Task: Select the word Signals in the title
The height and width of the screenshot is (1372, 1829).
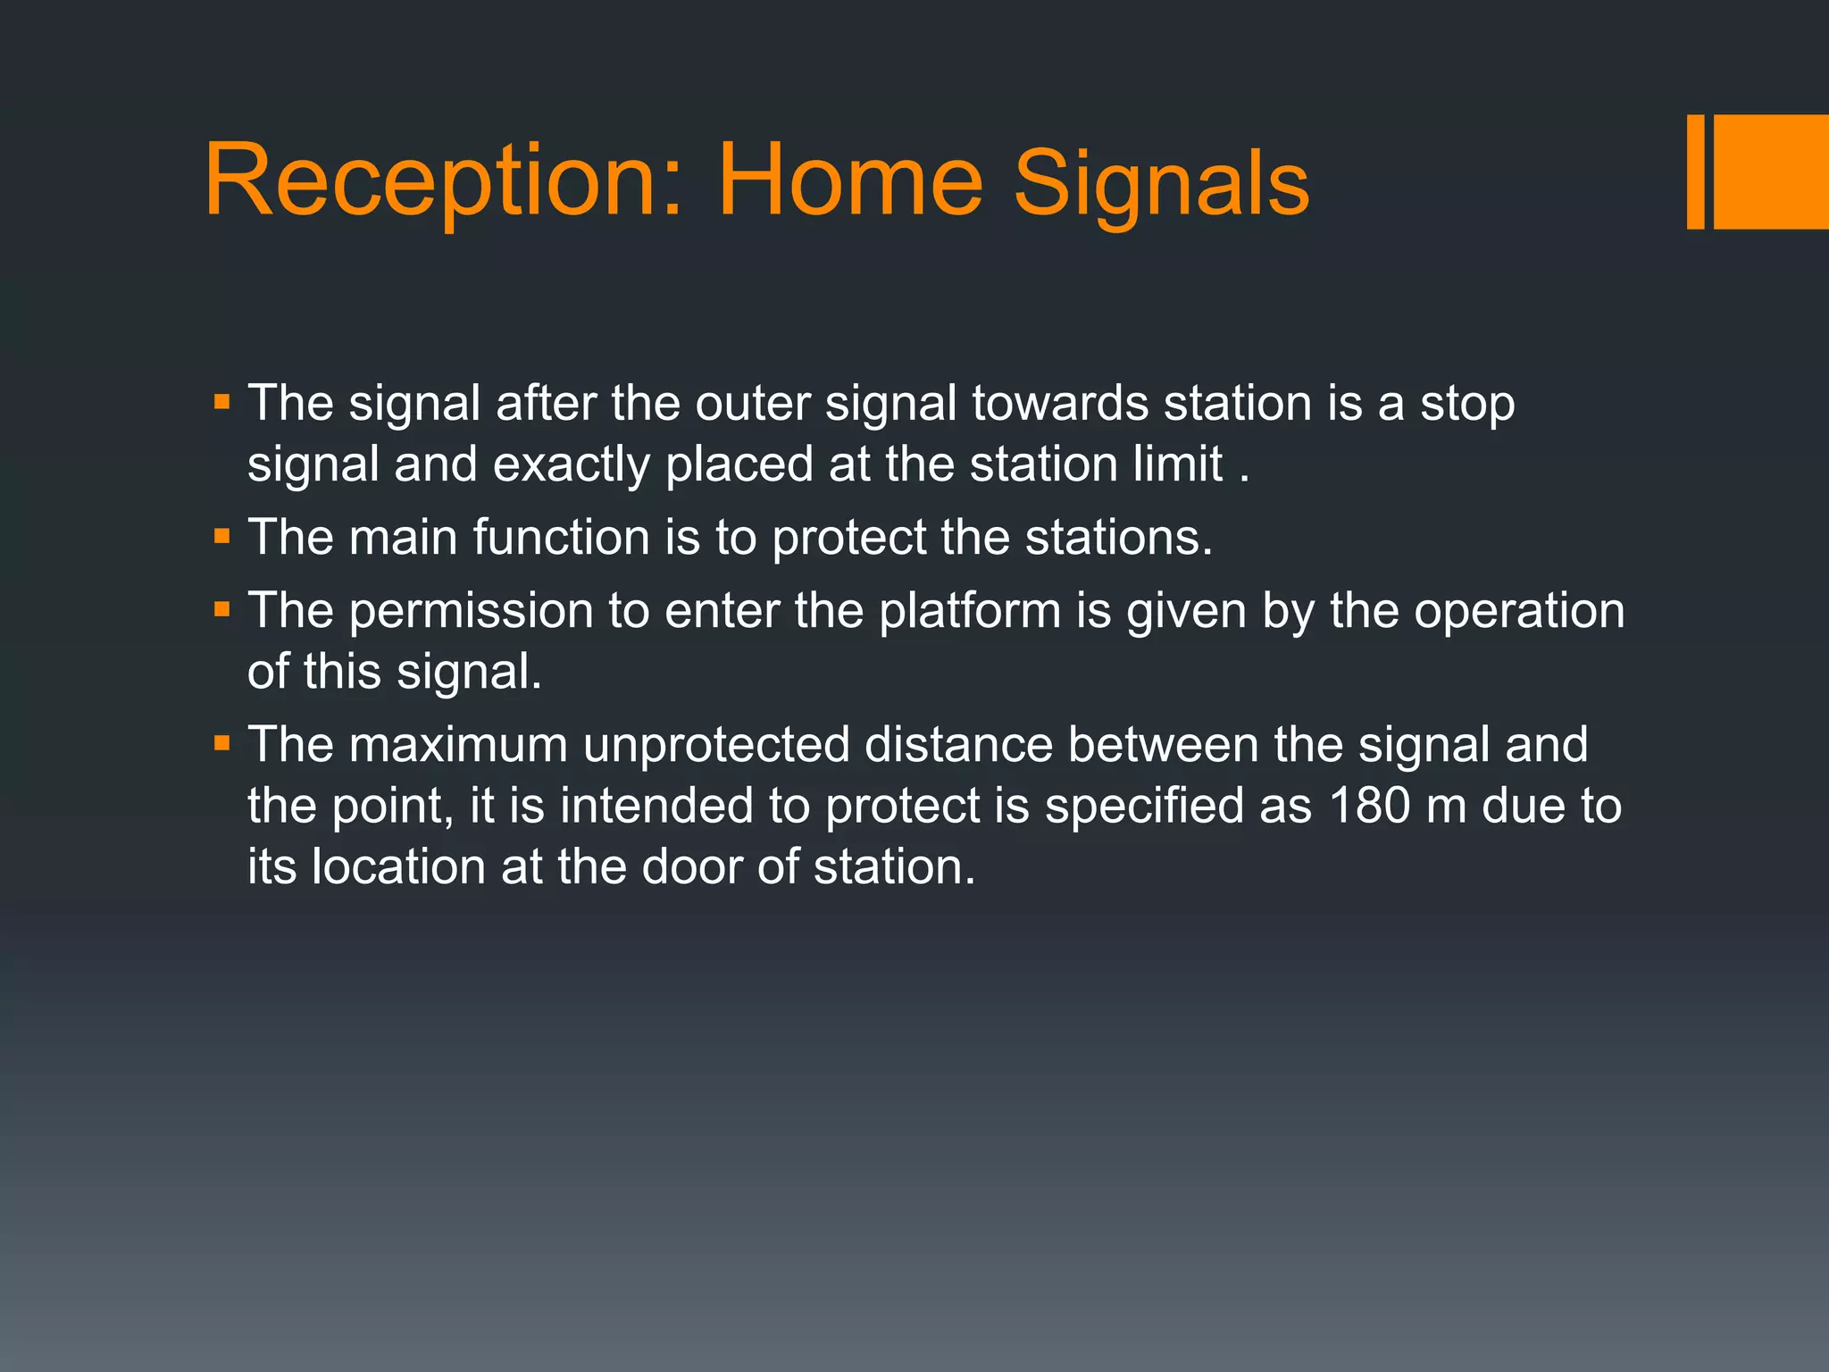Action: click(1161, 186)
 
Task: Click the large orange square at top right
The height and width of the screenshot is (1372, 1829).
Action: click(1770, 171)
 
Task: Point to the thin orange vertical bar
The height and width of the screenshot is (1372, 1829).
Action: click(1695, 171)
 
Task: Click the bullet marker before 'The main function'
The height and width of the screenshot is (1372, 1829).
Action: click(222, 538)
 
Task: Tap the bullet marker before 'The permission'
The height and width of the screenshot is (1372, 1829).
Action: click(222, 611)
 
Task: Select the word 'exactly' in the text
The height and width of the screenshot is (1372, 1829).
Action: click(572, 465)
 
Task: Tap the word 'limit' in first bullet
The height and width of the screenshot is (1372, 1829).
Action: click(1178, 464)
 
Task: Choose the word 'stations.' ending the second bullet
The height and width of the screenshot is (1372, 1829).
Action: click(1118, 538)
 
